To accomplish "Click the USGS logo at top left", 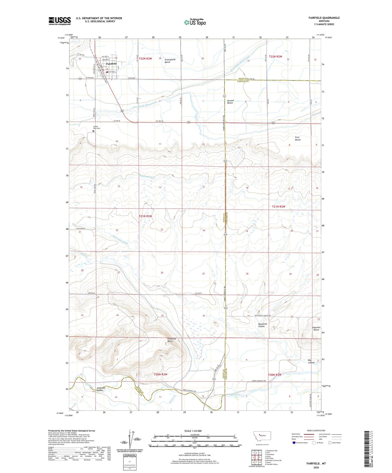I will click(x=60, y=21).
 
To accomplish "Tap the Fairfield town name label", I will click(x=111, y=64).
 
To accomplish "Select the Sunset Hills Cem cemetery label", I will click(x=97, y=127).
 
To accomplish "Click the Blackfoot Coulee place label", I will click(x=262, y=325).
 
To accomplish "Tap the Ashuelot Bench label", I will click(x=316, y=329).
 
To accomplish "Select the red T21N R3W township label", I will click(x=145, y=216).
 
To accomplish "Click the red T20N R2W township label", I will click(x=275, y=375).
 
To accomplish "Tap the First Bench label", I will click(x=298, y=138).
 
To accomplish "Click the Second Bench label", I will click(x=230, y=102).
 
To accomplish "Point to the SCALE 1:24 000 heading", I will click(x=193, y=431).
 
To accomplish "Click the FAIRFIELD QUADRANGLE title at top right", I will click(x=324, y=18).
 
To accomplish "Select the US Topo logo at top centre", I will click(x=195, y=22).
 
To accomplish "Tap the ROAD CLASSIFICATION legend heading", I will click(x=316, y=430).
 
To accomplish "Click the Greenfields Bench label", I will click(x=170, y=61).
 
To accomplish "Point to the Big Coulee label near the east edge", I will click(x=311, y=361).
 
